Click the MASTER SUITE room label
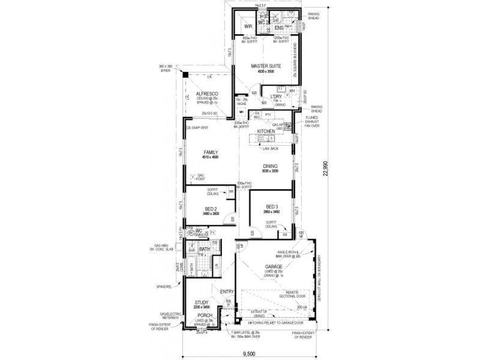point(262,67)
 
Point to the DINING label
point(271,167)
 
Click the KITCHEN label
point(266,131)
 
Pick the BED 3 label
point(271,208)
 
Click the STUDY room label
point(200,303)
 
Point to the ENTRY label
point(226,292)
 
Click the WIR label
point(247,27)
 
